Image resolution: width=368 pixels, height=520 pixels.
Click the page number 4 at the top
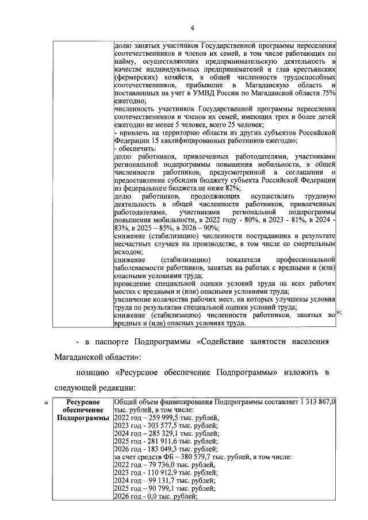(193, 28)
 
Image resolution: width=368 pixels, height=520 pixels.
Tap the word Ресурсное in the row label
(83, 402)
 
